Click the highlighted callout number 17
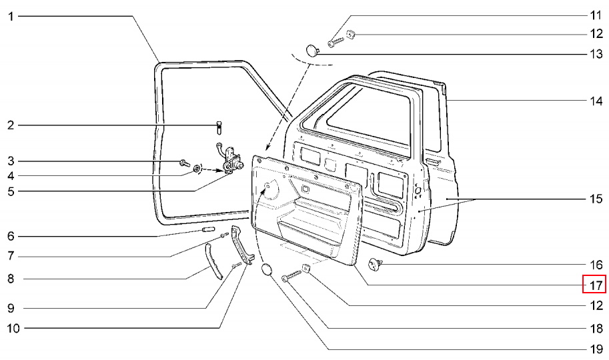[x=595, y=285]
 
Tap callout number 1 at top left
[x=11, y=15]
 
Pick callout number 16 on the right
[x=595, y=265]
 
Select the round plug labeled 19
[x=266, y=271]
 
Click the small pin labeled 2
[x=220, y=125]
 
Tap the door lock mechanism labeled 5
[x=228, y=160]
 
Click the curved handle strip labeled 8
[x=214, y=261]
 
